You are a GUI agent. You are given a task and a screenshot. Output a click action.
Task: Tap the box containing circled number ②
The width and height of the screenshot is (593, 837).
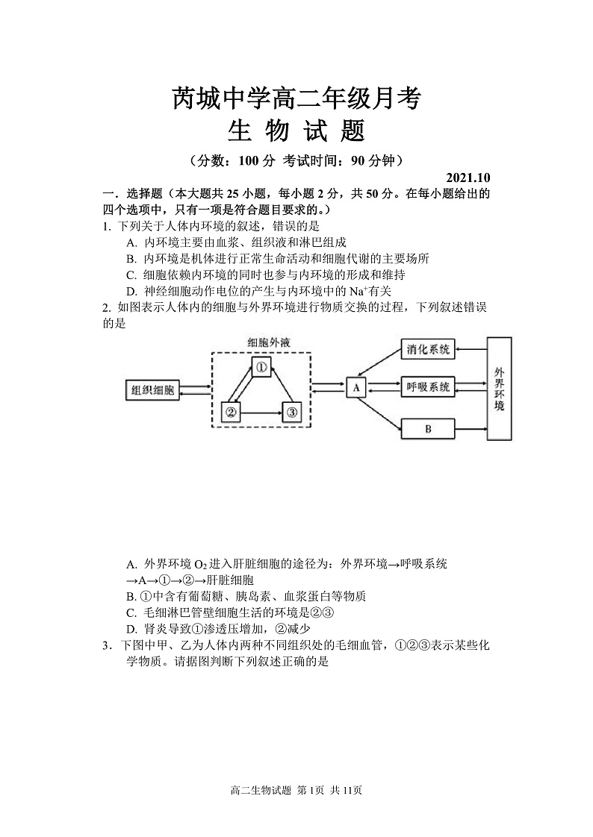coord(231,411)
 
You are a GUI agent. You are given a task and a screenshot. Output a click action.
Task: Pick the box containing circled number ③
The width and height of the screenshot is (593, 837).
coord(291,411)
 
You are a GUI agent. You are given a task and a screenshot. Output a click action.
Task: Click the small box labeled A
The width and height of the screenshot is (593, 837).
coord(356,388)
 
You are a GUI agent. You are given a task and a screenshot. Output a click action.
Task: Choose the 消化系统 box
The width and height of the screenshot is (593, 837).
coord(428,349)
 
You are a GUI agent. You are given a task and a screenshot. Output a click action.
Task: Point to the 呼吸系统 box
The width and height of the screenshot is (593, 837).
coord(428,387)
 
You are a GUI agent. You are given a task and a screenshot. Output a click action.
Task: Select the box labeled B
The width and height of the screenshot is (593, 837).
coord(428,429)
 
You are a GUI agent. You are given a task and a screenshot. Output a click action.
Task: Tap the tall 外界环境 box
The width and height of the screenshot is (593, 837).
coord(499,389)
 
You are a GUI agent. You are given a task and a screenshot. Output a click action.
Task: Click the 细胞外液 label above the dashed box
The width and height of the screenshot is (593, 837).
coord(268,342)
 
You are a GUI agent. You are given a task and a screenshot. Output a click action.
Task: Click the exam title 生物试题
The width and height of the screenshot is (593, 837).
coord(296,131)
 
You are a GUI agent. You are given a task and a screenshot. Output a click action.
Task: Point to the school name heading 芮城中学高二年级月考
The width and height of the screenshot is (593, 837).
coord(296,98)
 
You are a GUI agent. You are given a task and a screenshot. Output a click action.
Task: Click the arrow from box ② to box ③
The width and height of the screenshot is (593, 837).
coord(261,412)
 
